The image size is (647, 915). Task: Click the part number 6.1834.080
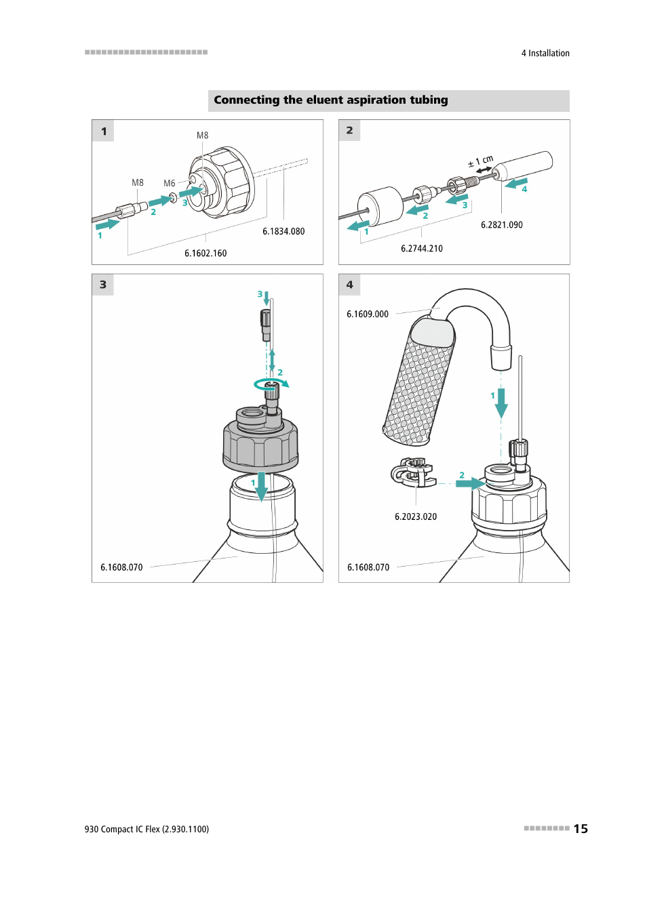click(283, 232)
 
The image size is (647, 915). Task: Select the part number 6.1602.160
click(205, 253)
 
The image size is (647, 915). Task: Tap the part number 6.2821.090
click(501, 225)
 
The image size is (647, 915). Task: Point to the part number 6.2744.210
click(421, 248)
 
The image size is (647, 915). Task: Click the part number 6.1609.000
click(368, 314)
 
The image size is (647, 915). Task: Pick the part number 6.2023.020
click(416, 516)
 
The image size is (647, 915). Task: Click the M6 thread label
click(169, 184)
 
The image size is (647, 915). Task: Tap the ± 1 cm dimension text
click(481, 161)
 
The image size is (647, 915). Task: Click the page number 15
click(581, 829)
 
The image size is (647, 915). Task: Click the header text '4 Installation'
click(545, 53)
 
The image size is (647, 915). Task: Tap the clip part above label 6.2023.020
click(413, 472)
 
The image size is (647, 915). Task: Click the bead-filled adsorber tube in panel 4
click(419, 382)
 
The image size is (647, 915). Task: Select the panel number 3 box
click(103, 285)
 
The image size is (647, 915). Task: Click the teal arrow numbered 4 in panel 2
click(516, 183)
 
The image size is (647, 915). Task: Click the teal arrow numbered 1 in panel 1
click(107, 224)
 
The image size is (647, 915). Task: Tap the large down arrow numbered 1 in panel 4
click(501, 403)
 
